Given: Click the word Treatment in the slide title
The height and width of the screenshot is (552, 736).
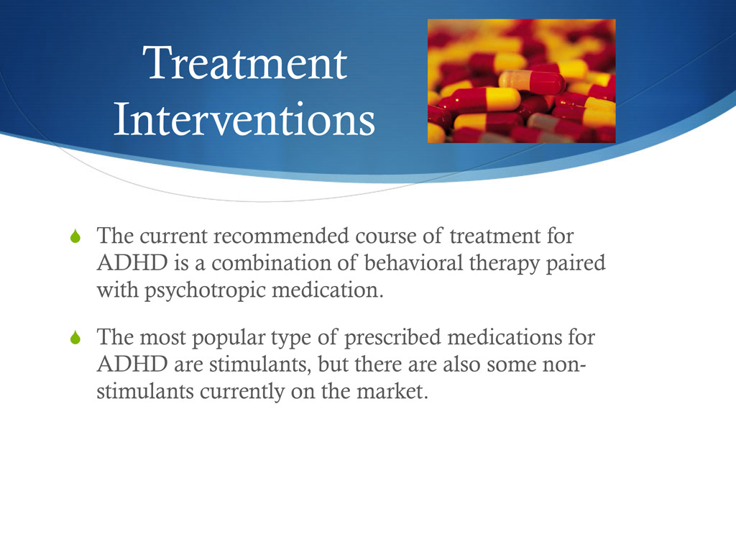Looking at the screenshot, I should (x=244, y=65).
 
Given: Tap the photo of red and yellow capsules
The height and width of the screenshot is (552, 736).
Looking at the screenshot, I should (x=521, y=80).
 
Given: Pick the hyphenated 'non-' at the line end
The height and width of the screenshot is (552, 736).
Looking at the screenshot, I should (x=567, y=364).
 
